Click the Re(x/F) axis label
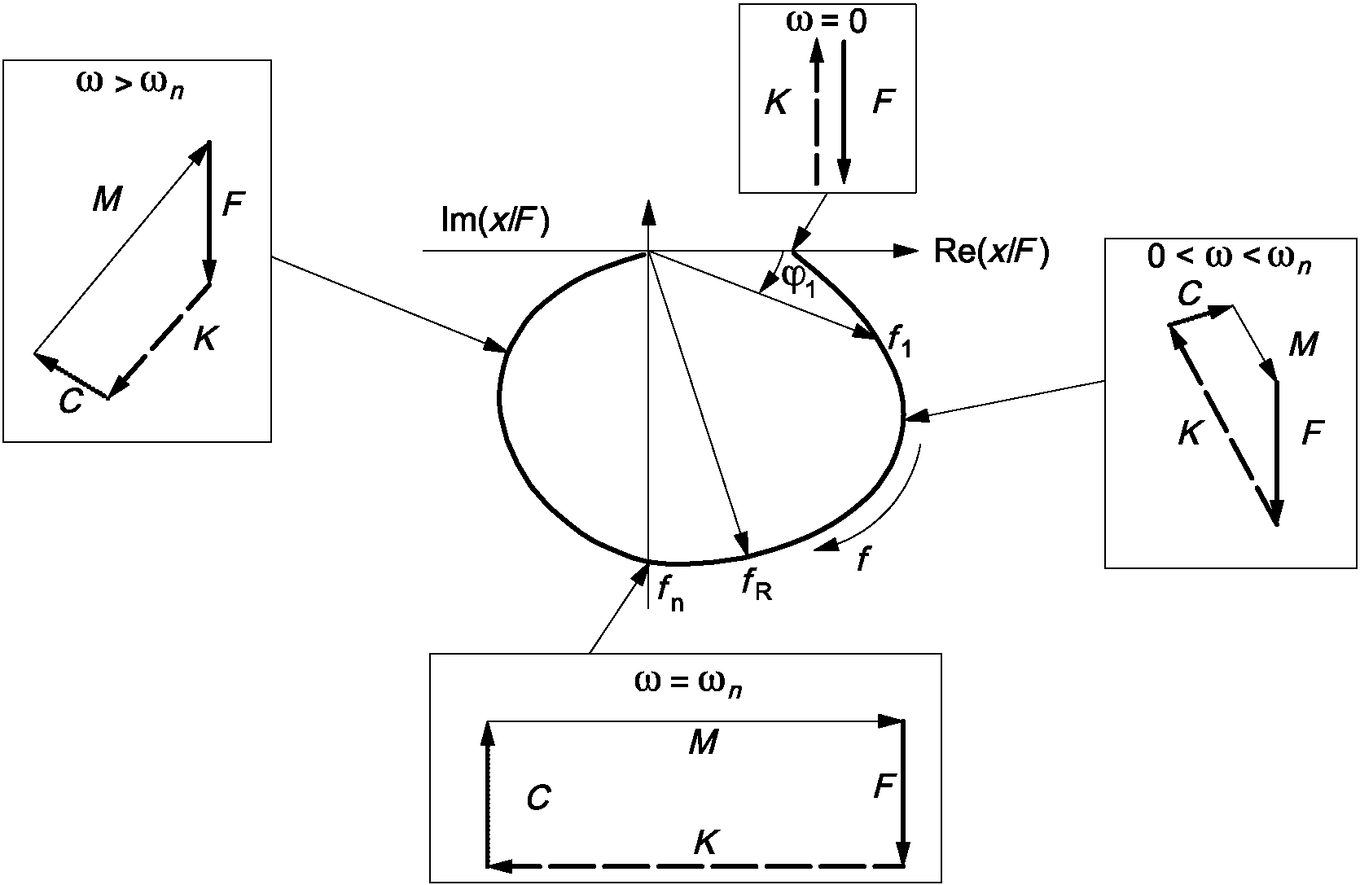point(991,252)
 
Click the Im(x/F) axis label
point(495,221)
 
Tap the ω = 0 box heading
point(827,21)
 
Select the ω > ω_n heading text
point(130,85)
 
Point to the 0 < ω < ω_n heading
point(1230,258)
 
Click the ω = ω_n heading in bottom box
point(688,683)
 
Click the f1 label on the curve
point(899,341)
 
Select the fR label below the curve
point(757,585)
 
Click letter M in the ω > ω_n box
point(107,199)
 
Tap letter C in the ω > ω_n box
point(70,401)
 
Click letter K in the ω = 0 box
point(776,102)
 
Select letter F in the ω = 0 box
point(884,102)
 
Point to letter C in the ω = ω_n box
point(538,798)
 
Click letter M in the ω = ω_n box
point(704,742)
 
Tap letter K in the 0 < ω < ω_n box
point(1191,433)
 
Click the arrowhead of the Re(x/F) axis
point(907,251)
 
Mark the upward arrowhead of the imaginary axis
point(649,212)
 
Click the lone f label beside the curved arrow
point(863,559)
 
